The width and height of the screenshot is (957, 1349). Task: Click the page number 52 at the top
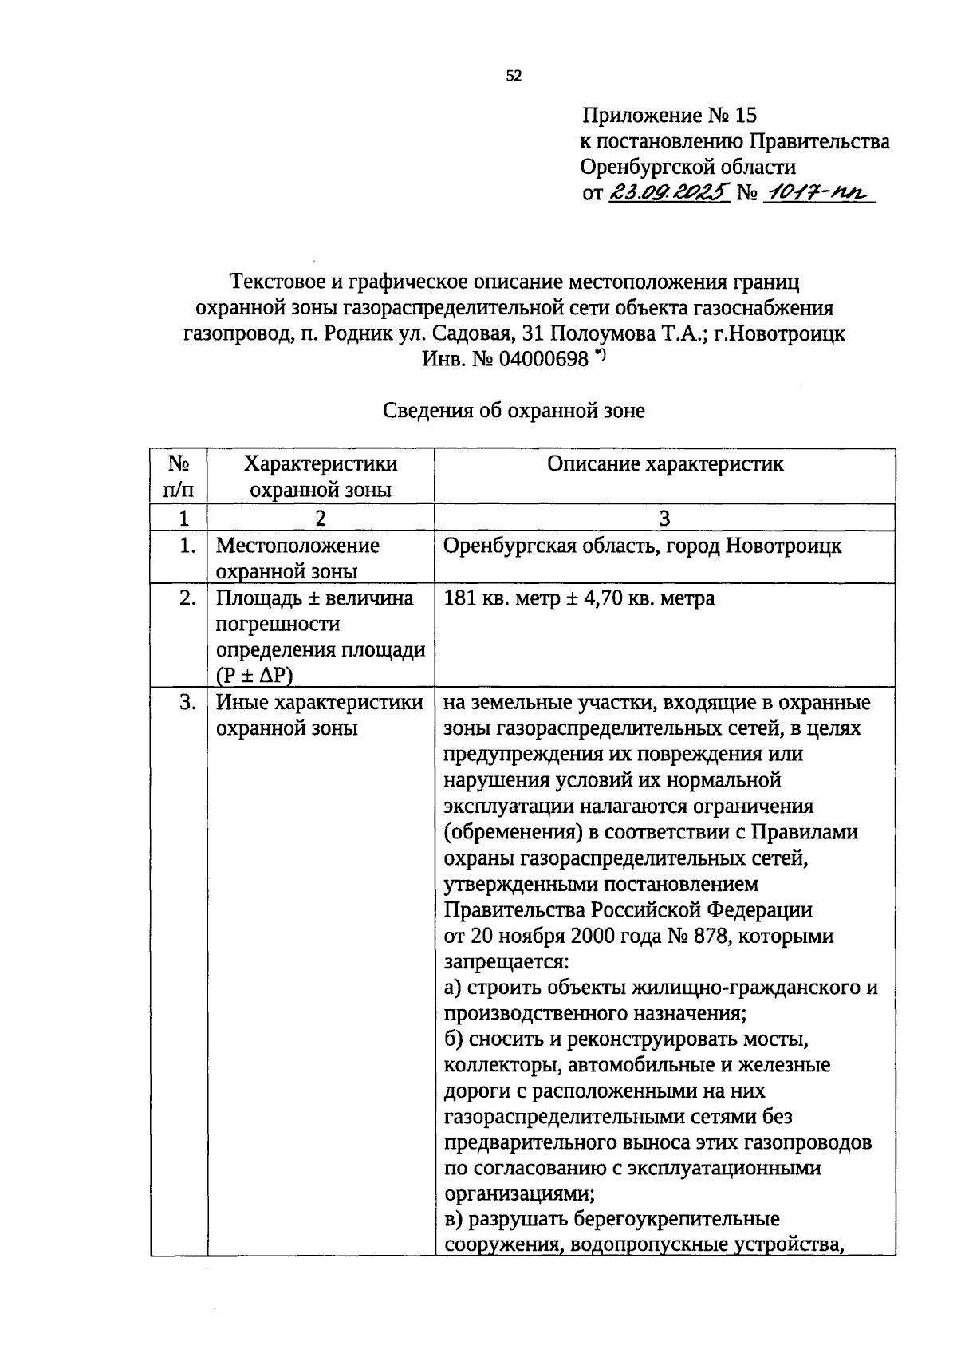click(x=514, y=76)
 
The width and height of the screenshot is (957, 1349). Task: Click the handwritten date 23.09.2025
click(x=670, y=192)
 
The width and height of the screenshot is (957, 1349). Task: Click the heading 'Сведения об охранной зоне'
click(x=514, y=411)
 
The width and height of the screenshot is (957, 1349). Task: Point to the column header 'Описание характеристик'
click(x=665, y=464)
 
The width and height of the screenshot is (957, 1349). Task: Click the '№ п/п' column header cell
click(x=179, y=476)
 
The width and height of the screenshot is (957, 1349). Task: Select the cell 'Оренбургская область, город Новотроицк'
click(x=642, y=546)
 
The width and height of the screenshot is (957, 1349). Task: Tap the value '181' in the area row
click(x=460, y=598)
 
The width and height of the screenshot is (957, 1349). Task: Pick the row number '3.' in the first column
click(x=187, y=703)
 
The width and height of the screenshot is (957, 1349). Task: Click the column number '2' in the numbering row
click(x=320, y=519)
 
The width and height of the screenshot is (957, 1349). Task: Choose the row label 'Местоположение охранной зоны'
click(x=297, y=558)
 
